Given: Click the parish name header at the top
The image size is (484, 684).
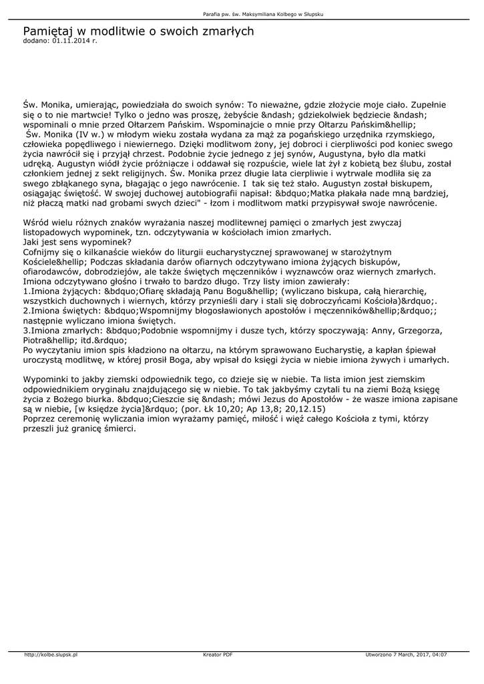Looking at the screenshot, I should (242, 14).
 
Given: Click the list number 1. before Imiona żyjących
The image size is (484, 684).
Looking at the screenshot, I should (27, 291).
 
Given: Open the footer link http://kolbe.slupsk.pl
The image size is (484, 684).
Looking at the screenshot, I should (51, 655).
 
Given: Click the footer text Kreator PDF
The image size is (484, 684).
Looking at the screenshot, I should (218, 655).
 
